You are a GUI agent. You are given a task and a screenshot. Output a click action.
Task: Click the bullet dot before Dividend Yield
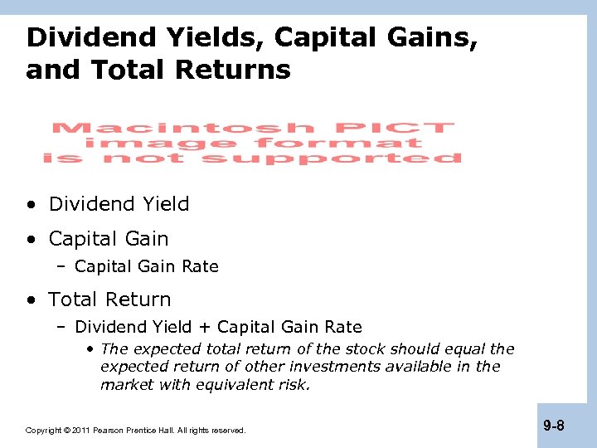click(31, 204)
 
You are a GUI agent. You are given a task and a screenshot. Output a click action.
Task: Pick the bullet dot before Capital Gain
click(31, 239)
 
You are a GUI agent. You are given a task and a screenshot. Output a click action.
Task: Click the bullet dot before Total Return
click(31, 299)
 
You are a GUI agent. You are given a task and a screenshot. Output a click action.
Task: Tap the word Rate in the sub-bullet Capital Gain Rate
click(201, 266)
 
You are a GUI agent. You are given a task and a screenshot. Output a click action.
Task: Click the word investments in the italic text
click(323, 367)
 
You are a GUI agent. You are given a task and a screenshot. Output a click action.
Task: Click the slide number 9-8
click(554, 426)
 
